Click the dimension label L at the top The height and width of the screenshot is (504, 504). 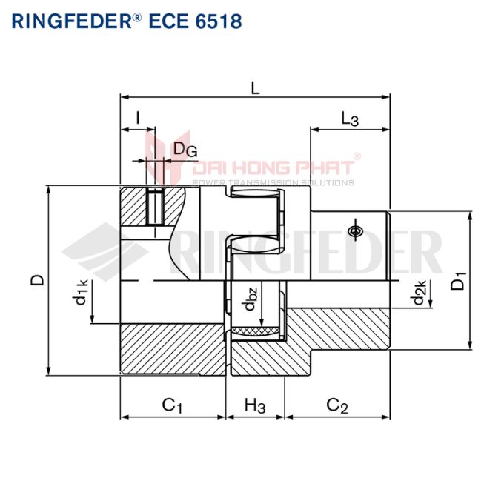[x=255, y=87]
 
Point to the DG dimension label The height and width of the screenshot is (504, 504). [x=185, y=149]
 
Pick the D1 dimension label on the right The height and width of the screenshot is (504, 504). [x=460, y=282]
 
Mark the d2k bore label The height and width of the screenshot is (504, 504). [x=420, y=293]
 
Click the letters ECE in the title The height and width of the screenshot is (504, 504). [x=166, y=21]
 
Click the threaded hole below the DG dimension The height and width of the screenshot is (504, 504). [x=156, y=207]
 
